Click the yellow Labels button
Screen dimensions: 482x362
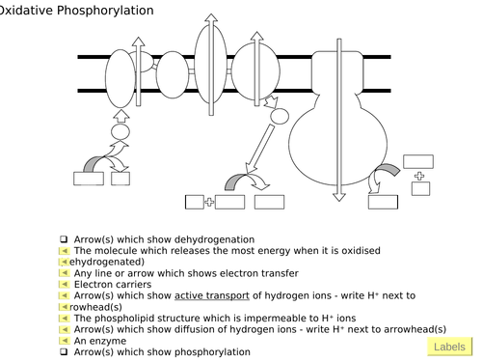(x=450, y=347)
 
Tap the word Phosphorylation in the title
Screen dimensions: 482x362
(x=105, y=11)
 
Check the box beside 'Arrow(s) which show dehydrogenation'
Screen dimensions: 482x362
(x=64, y=239)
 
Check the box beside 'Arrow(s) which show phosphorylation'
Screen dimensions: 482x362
(x=64, y=351)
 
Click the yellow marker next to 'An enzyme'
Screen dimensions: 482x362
(x=65, y=341)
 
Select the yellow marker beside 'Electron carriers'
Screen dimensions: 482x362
(x=65, y=284)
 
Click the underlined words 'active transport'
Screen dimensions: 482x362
(x=212, y=295)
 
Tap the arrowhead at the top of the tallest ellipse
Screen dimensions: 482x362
(x=211, y=17)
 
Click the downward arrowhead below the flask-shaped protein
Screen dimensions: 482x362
(x=339, y=197)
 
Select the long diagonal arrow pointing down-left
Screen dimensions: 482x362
(x=259, y=150)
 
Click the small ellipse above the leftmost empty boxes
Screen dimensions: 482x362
(x=120, y=132)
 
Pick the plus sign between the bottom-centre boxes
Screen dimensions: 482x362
(x=209, y=202)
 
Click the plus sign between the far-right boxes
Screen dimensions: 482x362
(x=419, y=176)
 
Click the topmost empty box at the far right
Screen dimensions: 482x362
(x=418, y=161)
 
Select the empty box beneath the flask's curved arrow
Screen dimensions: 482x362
(x=383, y=202)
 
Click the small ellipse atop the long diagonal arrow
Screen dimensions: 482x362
(x=280, y=116)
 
